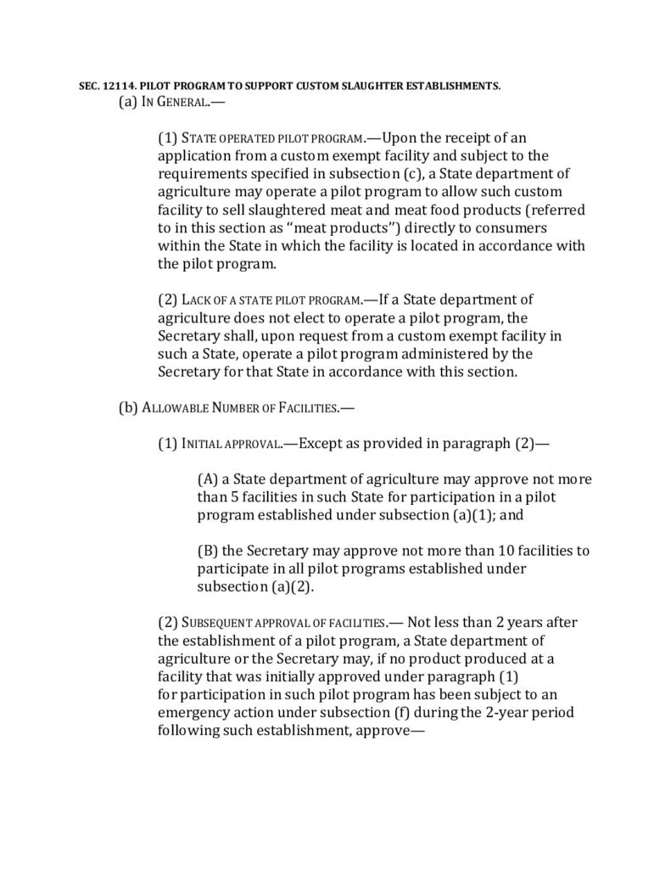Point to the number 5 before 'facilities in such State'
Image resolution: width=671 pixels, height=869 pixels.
click(237, 497)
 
